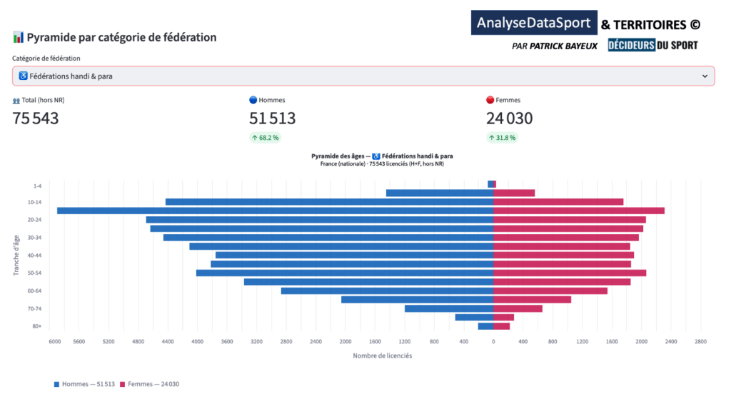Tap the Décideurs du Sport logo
tap(652, 45)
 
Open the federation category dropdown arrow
tap(705, 76)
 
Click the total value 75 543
tap(36, 118)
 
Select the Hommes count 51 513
tap(272, 118)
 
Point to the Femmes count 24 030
tap(509, 118)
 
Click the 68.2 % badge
tap(265, 138)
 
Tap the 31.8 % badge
tap(502, 138)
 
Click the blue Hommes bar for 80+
tap(485, 326)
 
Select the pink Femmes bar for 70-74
tap(518, 308)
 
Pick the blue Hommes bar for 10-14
tap(329, 202)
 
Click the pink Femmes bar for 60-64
tap(550, 291)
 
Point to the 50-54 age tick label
tap(33, 273)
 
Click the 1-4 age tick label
tap(36, 186)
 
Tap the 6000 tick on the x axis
tap(55, 341)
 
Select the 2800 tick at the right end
tap(700, 341)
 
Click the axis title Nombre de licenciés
tap(382, 355)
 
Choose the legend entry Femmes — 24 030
tap(149, 384)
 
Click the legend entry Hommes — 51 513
tap(84, 384)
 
